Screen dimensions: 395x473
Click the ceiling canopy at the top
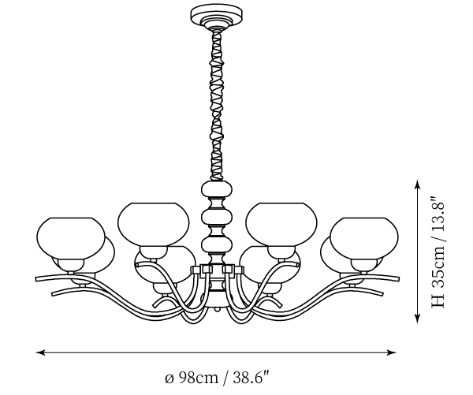click(x=213, y=16)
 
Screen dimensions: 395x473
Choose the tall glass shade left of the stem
click(x=154, y=222)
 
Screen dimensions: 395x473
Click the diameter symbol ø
click(x=169, y=378)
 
